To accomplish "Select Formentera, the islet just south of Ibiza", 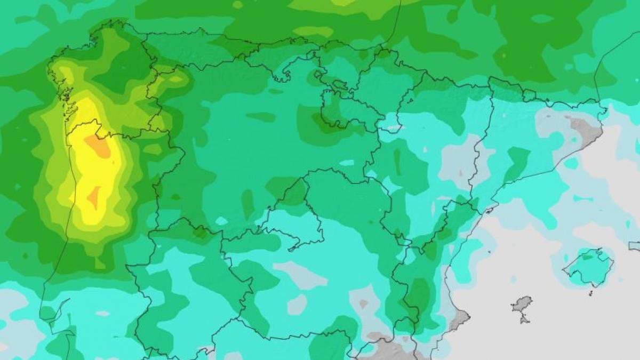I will tap(524, 319).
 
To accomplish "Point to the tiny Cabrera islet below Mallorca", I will tap(591, 292).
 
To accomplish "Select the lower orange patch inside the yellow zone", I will tap(94, 197).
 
